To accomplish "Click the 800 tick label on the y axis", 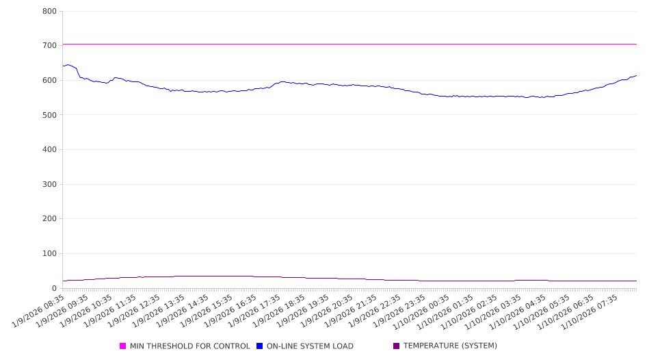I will coord(49,11).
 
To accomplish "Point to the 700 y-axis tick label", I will coord(49,45).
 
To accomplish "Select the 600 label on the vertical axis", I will coord(49,80).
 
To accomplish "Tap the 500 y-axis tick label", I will coord(49,115).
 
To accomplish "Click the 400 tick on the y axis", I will coord(49,149).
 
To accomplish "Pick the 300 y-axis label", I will coord(49,184).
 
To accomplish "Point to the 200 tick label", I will coord(49,219).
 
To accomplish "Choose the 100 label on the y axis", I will coord(49,254).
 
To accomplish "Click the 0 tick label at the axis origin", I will coord(54,288).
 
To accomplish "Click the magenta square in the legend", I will coord(123,346).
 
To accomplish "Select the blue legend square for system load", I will coord(260,346).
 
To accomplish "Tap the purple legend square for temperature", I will coord(397,346).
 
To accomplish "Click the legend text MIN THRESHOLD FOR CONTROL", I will coord(189,346).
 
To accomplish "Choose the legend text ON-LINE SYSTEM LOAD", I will coord(310,346).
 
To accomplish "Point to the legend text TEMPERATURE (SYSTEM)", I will coord(450,346).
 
